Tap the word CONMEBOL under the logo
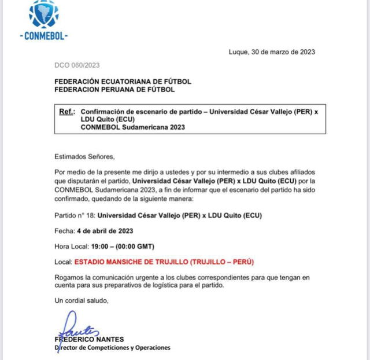(x=44, y=36)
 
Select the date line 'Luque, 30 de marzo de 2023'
(x=272, y=52)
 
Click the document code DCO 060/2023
(x=77, y=66)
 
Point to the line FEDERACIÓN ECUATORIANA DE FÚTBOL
(x=123, y=82)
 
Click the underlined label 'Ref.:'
(x=67, y=112)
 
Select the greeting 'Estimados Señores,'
(x=84, y=156)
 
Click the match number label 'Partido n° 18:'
(x=75, y=216)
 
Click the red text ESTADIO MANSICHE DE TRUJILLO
(x=131, y=262)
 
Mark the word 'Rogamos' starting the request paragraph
(x=69, y=277)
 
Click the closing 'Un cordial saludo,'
(x=82, y=300)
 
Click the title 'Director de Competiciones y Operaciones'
(x=112, y=347)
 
